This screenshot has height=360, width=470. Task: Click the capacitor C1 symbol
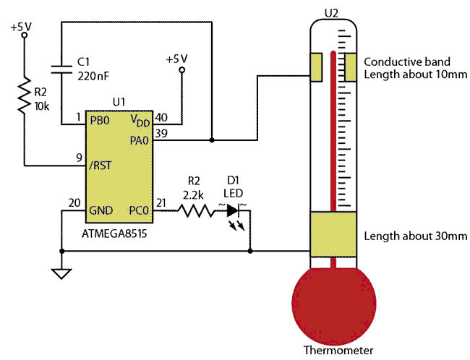click(x=61, y=69)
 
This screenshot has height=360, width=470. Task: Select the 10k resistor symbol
click(x=25, y=95)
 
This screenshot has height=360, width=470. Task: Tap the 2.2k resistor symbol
click(x=196, y=210)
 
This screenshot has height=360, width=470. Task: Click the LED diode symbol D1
click(x=234, y=210)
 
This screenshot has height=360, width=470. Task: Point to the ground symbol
click(x=61, y=274)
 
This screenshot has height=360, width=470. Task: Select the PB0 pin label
click(x=100, y=121)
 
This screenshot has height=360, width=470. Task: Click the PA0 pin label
click(x=139, y=140)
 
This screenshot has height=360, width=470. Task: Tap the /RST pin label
click(x=101, y=165)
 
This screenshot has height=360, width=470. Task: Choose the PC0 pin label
click(x=139, y=210)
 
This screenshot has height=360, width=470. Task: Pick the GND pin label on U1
click(x=101, y=210)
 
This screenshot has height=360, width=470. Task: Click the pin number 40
click(x=161, y=118)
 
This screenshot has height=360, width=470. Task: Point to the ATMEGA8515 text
click(x=114, y=233)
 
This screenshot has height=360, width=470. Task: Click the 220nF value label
click(x=93, y=76)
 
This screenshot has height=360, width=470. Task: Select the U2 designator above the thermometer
click(x=331, y=13)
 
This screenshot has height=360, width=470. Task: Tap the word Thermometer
click(x=338, y=350)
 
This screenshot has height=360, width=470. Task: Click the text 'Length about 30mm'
click(x=416, y=236)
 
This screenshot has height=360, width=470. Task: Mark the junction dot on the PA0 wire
click(x=212, y=140)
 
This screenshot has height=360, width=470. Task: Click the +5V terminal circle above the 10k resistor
click(x=25, y=35)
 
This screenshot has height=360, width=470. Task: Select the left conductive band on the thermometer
click(x=316, y=67)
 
